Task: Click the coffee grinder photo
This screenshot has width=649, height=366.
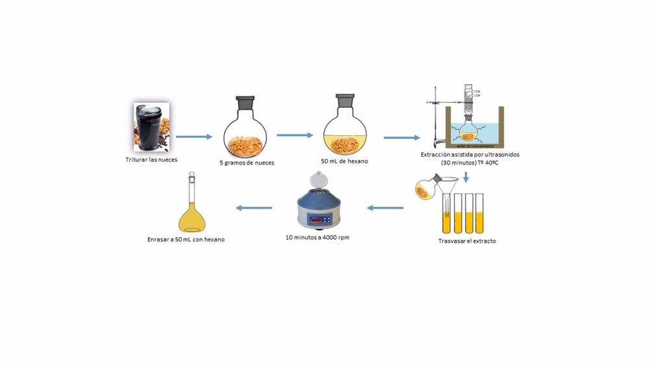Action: coord(151,127)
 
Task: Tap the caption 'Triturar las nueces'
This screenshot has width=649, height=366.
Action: coord(151,159)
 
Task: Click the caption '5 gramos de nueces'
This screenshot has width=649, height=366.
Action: coord(247,163)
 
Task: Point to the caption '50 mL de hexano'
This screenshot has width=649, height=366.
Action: coord(345,161)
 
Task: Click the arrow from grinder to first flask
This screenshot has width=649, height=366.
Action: coord(194,137)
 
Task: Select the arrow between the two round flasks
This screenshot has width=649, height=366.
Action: coord(295,136)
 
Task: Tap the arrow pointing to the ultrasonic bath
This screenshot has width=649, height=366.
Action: coord(402,138)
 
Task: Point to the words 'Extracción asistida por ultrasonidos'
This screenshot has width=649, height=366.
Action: coord(470,155)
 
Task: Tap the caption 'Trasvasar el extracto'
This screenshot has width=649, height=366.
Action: coord(467,241)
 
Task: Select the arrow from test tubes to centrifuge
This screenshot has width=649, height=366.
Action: coord(386,208)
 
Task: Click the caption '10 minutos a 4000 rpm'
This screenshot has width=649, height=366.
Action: coord(317,238)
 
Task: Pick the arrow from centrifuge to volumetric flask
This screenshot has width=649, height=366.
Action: coord(254,208)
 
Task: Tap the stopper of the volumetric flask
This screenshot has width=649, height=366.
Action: coord(191,176)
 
